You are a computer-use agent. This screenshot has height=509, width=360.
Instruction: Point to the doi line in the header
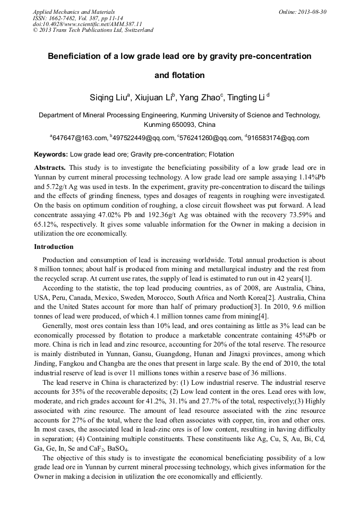point(87,24)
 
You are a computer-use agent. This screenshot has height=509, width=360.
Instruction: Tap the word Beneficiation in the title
point(73,56)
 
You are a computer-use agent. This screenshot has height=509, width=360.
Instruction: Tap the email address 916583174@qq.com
point(278,138)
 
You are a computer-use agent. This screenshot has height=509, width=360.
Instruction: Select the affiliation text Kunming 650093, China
point(179,125)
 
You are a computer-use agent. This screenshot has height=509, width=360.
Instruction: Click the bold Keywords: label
point(51,154)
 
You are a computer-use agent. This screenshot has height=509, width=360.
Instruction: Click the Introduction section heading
point(54,247)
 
